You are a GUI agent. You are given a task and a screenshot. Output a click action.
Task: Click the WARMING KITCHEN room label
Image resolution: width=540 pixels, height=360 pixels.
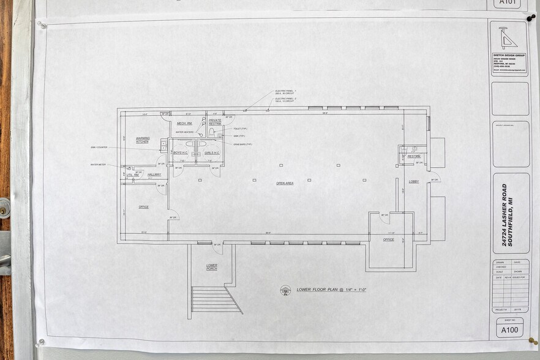tap(143, 140)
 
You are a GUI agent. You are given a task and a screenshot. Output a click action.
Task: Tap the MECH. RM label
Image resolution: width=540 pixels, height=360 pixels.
tap(185, 123)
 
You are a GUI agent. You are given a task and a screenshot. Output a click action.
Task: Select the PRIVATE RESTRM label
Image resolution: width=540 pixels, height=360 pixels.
tap(215, 122)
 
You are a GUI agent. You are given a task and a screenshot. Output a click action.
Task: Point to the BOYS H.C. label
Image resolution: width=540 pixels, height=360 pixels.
tap(180, 152)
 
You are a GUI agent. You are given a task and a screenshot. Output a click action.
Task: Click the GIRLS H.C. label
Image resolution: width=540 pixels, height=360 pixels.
tap(212, 152)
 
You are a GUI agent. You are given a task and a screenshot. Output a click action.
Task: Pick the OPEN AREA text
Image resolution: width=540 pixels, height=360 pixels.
tap(285, 183)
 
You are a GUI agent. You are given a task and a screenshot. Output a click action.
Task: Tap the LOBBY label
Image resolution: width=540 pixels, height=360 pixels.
tap(414, 181)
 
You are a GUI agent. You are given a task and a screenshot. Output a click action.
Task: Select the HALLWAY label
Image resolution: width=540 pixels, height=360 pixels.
tap(154, 174)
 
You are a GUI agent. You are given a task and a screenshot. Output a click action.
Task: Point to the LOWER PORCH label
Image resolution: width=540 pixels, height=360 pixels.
tap(212, 266)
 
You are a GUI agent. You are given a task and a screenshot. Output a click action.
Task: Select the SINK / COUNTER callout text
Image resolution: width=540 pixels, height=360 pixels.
tap(99, 148)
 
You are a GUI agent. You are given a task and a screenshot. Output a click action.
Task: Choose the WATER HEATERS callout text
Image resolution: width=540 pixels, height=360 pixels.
tap(184, 132)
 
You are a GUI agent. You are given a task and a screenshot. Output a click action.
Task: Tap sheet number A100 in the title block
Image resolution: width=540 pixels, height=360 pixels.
tap(509, 330)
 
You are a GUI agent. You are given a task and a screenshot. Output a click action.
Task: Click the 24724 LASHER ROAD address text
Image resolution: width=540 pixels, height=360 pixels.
tap(504, 215)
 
